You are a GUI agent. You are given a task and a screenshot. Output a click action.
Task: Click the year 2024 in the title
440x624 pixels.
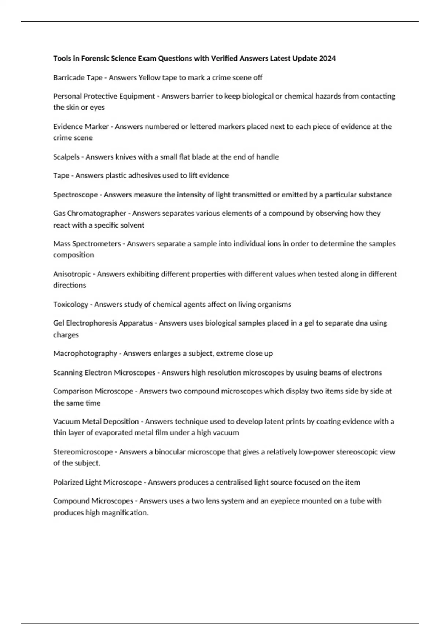pyautogui.click(x=327, y=58)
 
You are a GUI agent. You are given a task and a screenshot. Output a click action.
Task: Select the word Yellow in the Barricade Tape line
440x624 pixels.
pyautogui.click(x=148, y=77)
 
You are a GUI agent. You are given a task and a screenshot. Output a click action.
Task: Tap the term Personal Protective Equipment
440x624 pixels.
pyautogui.click(x=104, y=96)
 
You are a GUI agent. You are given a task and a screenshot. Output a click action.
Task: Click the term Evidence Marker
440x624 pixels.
pyautogui.click(x=81, y=127)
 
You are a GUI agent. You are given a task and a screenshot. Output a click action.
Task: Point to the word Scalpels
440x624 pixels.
pyautogui.click(x=66, y=157)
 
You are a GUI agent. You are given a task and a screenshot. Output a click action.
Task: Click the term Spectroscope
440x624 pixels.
pyautogui.click(x=76, y=195)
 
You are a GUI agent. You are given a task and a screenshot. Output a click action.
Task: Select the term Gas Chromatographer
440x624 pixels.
pyautogui.click(x=89, y=213)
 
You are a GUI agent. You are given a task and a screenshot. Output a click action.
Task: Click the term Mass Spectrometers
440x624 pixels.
pyautogui.click(x=87, y=244)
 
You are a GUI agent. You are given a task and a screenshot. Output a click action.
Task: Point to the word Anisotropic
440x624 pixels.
pyautogui.click(x=72, y=274)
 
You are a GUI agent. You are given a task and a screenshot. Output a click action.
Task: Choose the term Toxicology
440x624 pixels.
pyautogui.click(x=71, y=304)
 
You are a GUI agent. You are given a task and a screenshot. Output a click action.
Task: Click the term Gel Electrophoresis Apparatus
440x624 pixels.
pyautogui.click(x=103, y=323)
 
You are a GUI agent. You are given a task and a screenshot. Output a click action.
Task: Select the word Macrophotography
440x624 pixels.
pyautogui.click(x=85, y=353)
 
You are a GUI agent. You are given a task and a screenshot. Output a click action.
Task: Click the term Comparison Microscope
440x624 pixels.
pyautogui.click(x=93, y=391)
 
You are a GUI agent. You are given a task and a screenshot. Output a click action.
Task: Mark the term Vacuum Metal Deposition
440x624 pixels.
pyautogui.click(x=96, y=421)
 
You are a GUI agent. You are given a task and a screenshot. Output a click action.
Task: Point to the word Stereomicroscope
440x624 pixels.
pyautogui.click(x=83, y=452)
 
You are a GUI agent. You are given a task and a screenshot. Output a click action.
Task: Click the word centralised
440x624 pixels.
pyautogui.click(x=232, y=482)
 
